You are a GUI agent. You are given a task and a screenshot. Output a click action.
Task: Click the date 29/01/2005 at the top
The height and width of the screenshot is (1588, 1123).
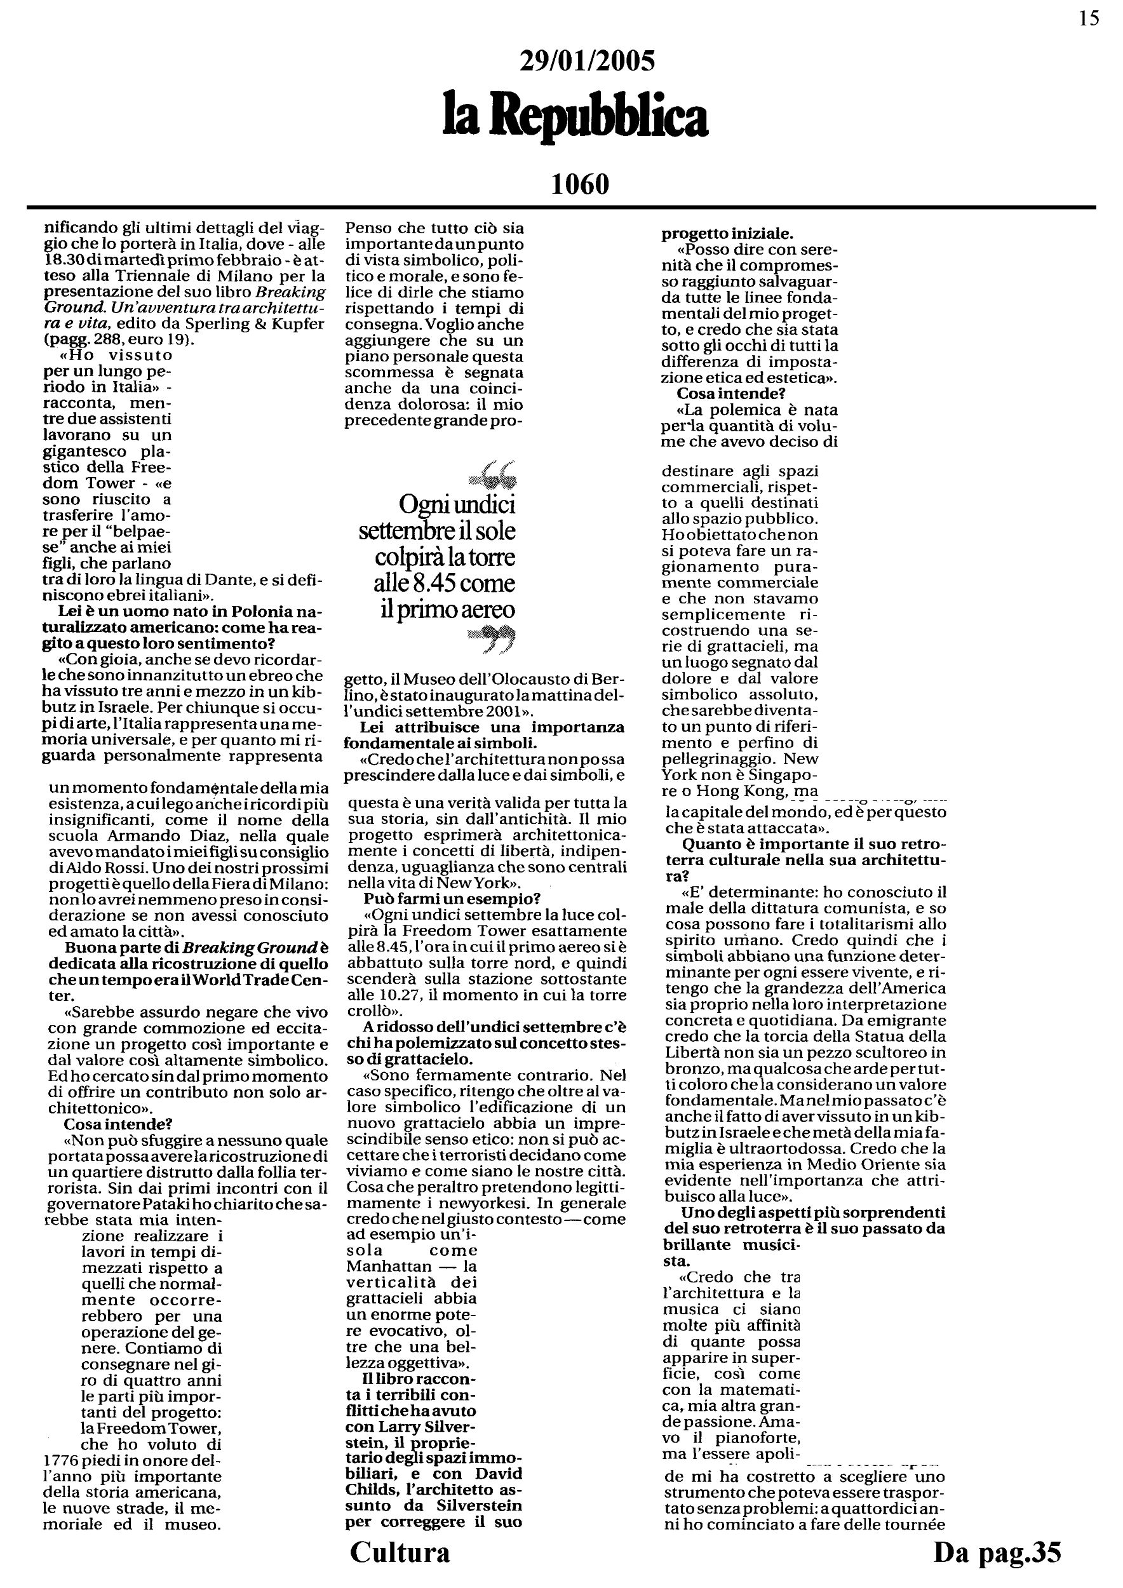[586, 62]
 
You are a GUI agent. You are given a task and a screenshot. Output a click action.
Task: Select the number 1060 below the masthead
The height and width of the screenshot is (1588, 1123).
[580, 184]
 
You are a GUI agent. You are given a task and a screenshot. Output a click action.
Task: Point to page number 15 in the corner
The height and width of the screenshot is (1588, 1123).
[1089, 18]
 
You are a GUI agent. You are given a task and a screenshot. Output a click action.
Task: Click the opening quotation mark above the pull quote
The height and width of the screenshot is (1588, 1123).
[493, 474]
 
